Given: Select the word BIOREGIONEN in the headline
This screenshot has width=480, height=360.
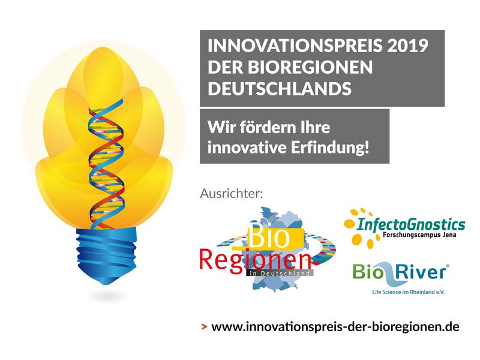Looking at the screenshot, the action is click(x=310, y=67).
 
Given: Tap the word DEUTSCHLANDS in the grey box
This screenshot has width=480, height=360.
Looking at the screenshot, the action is click(x=280, y=88).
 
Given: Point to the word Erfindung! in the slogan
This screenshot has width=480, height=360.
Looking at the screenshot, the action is click(x=329, y=147).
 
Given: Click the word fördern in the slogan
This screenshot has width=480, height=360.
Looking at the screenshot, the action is click(x=269, y=127).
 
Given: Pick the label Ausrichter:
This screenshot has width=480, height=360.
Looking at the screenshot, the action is click(x=232, y=193).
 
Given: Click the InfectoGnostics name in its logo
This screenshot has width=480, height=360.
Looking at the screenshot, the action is click(x=411, y=224).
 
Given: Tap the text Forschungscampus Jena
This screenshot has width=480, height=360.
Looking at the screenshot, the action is click(x=419, y=235).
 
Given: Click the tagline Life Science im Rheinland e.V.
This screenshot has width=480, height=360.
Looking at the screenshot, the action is click(x=408, y=292).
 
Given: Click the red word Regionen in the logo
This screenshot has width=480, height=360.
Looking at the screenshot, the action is click(x=254, y=260).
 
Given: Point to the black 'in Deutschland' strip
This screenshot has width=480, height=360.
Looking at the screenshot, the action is click(x=280, y=273).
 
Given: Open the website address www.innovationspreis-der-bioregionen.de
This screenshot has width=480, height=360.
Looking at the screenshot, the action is click(x=335, y=326).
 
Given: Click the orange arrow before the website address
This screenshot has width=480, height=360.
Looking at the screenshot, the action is click(x=204, y=327).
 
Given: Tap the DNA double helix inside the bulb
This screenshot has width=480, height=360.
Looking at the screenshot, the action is click(x=106, y=164).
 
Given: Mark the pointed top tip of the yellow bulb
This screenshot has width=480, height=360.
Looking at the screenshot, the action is click(x=103, y=47).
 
